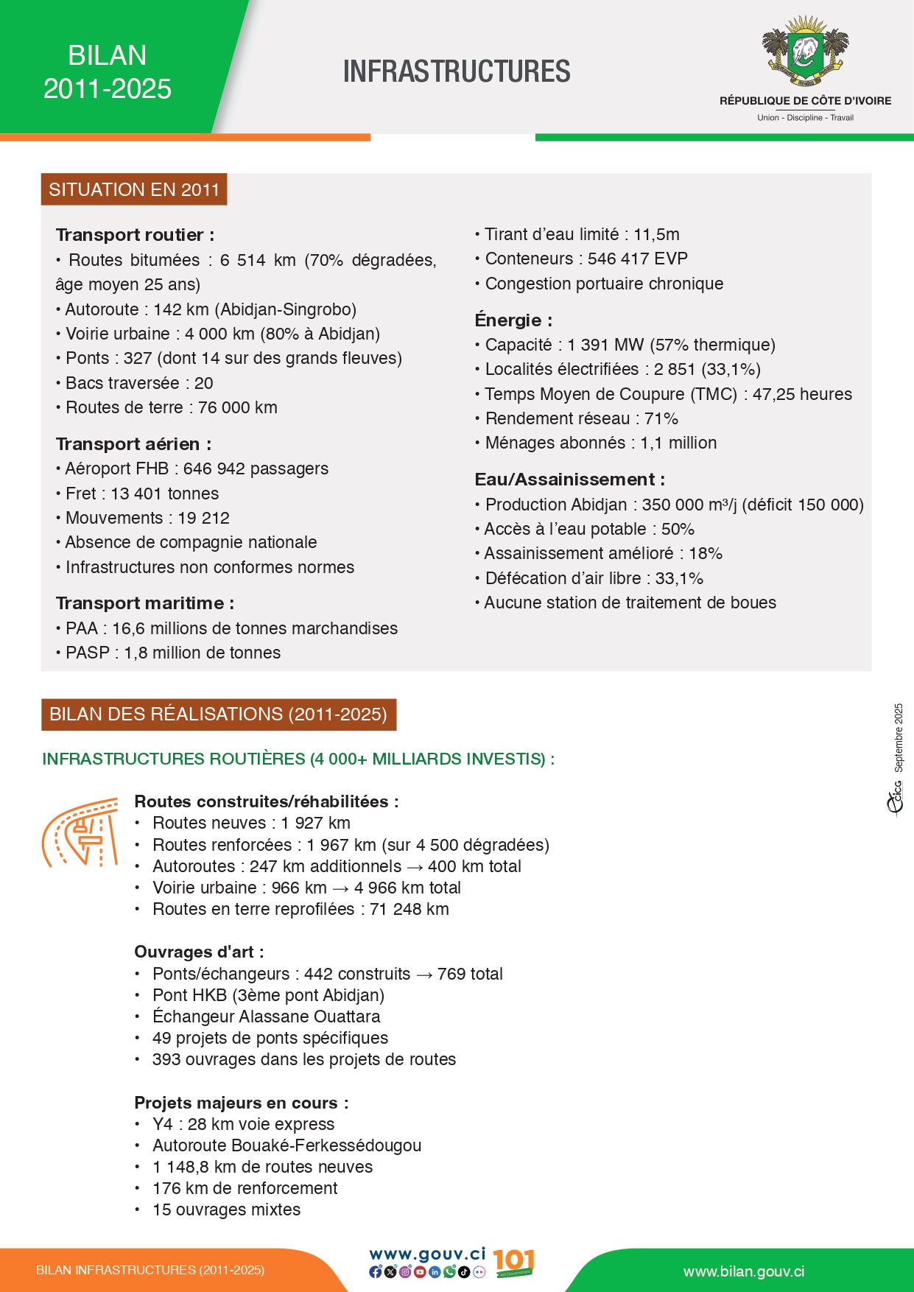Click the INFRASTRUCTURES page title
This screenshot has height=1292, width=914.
[x=457, y=71]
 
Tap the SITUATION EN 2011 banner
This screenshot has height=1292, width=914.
[x=134, y=189]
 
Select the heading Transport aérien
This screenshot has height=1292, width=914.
[x=133, y=444]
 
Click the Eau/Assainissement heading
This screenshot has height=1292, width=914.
[x=569, y=480]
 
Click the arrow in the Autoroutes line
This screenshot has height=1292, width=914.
[x=415, y=867]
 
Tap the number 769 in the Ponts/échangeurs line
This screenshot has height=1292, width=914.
[x=451, y=974]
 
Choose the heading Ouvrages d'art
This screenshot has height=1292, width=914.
[x=198, y=952]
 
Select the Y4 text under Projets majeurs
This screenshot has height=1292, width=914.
[x=162, y=1124]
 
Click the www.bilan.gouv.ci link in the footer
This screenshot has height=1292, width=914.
[x=744, y=1271]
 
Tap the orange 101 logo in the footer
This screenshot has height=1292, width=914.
[x=513, y=1263]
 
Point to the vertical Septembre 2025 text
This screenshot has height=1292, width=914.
[x=899, y=738]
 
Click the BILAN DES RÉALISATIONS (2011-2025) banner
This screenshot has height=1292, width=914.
[x=219, y=714]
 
